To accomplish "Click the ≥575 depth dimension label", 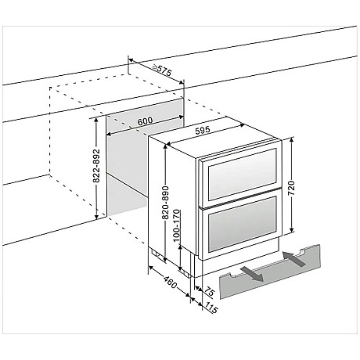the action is click(x=162, y=70).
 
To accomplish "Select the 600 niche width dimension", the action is click(x=145, y=121).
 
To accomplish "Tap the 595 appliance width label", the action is click(x=203, y=130).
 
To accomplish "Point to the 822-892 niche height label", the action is click(x=96, y=166).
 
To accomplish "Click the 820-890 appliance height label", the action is click(x=166, y=203).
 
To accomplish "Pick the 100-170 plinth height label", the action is click(x=177, y=225).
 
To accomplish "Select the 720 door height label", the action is click(x=291, y=188).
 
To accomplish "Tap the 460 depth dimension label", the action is click(x=171, y=282).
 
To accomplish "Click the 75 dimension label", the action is click(x=209, y=291).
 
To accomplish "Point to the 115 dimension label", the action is click(x=211, y=308).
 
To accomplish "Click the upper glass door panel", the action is click(x=242, y=175).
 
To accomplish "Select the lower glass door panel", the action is click(x=242, y=225).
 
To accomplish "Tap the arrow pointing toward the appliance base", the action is click(x=293, y=258).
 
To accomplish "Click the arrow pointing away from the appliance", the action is click(x=252, y=274).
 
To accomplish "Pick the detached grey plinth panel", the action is click(x=270, y=272).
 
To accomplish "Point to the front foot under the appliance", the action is click(x=186, y=272).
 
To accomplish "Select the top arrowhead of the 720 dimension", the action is click(x=292, y=140).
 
